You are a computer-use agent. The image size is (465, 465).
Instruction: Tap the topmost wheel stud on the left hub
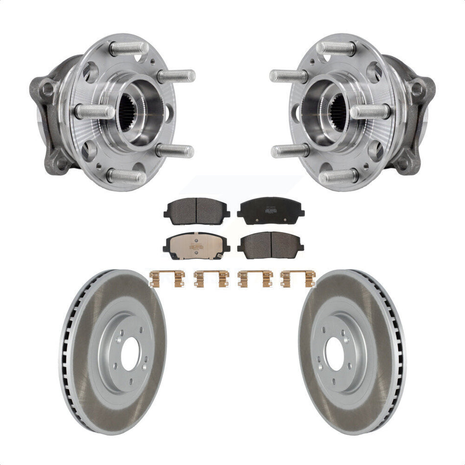pyautogui.click(x=129, y=48)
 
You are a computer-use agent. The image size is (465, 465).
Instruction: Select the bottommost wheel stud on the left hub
pyautogui.click(x=126, y=176)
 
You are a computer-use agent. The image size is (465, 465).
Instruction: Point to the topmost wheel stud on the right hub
pyautogui.click(x=336, y=48)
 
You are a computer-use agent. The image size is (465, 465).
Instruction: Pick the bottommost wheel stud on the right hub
pyautogui.click(x=339, y=176)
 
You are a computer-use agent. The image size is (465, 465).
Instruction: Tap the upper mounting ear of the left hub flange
pyautogui.click(x=46, y=88)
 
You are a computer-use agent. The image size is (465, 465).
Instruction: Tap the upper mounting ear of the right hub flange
pyautogui.click(x=419, y=88)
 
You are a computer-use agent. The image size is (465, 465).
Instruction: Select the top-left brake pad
pyautogui.click(x=196, y=211)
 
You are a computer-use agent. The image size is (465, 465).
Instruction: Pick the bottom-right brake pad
pyautogui.click(x=271, y=245)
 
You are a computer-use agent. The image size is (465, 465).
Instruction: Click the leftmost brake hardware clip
pyautogui.click(x=167, y=279)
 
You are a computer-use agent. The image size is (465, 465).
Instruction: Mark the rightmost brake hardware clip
pyautogui.click(x=298, y=279)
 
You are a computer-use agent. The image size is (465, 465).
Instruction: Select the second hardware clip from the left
pyautogui.click(x=211, y=279)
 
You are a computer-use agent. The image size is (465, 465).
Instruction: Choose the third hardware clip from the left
pyautogui.click(x=255, y=279)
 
